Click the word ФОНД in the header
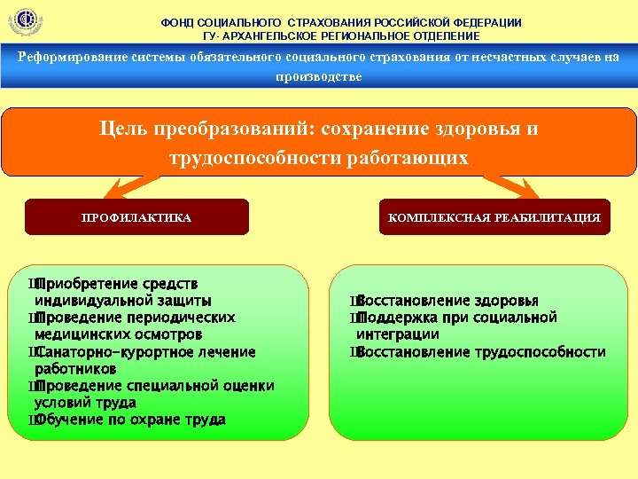pyautogui.click(x=177, y=22)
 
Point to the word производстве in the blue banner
pyautogui.click(x=318, y=76)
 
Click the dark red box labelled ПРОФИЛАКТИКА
pyautogui.click(x=136, y=217)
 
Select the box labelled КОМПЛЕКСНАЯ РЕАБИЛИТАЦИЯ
pyautogui.click(x=494, y=217)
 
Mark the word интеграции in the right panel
pyautogui.click(x=398, y=335)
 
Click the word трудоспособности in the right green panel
pyautogui.click(x=540, y=352)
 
